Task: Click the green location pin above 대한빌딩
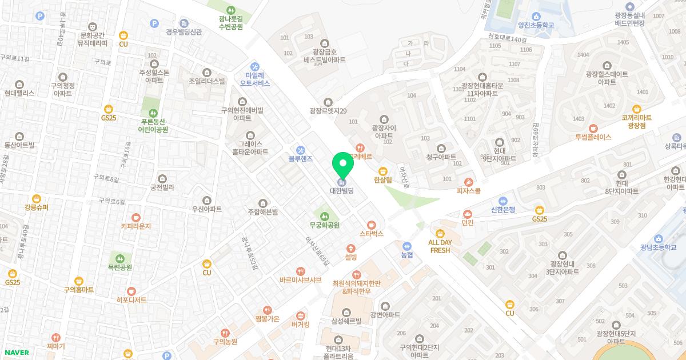click(x=343, y=164)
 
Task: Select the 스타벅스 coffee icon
click(x=372, y=225)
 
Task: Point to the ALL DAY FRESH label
click(x=440, y=246)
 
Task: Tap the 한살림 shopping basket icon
click(x=383, y=171)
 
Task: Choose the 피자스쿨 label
click(x=469, y=191)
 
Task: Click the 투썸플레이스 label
click(x=593, y=137)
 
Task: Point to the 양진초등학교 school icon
click(x=536, y=16)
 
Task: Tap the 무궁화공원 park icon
click(x=325, y=216)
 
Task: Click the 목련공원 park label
click(x=120, y=267)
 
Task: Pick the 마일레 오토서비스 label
click(x=254, y=79)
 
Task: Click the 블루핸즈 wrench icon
click(x=301, y=150)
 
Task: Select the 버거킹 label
click(x=300, y=325)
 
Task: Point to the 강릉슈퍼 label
click(x=37, y=207)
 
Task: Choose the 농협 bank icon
click(x=406, y=246)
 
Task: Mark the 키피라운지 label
click(x=135, y=226)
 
